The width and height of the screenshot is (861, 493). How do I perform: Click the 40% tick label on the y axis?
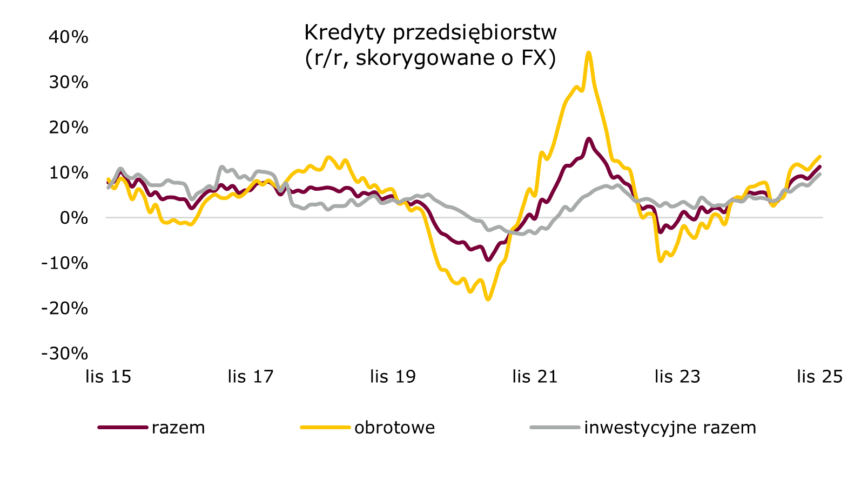tap(68, 37)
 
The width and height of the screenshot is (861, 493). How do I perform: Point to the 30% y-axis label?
tap(68, 82)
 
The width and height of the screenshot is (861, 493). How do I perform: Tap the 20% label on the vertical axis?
tap(68, 128)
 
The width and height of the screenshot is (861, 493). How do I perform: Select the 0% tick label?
tap(73, 218)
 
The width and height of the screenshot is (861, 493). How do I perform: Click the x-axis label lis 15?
tap(108, 376)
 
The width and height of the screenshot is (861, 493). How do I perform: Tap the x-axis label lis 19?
tap(393, 376)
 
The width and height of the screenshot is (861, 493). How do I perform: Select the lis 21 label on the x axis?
tap(535, 376)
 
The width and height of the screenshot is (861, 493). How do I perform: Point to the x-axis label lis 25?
tap(819, 376)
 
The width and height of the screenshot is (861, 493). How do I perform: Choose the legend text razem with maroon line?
tap(178, 428)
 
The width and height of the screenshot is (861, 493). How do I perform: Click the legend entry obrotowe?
tap(394, 428)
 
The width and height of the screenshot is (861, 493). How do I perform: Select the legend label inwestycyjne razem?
tap(670, 428)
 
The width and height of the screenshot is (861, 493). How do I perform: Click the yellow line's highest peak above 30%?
tap(588, 53)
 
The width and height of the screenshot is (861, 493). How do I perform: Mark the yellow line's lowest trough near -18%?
tap(488, 298)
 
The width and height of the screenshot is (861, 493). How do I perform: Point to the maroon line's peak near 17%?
tap(589, 139)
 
